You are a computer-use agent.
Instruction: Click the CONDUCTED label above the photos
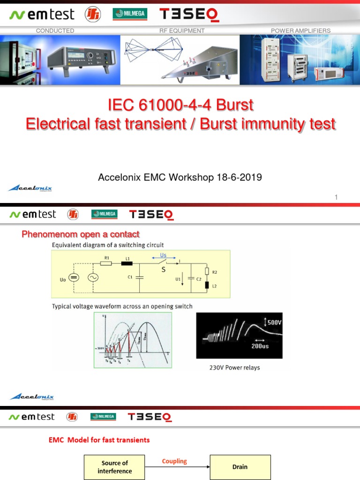(55, 30)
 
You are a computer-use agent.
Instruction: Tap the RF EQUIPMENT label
(182, 30)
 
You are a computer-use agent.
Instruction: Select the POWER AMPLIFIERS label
(300, 30)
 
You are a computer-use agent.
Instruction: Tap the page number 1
(336, 197)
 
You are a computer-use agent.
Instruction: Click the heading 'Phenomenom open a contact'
(81, 234)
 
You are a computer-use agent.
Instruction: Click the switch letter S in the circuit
(164, 270)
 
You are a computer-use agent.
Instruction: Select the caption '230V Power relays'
(234, 367)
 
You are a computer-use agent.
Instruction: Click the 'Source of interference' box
(115, 467)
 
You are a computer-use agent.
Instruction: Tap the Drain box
(240, 467)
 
